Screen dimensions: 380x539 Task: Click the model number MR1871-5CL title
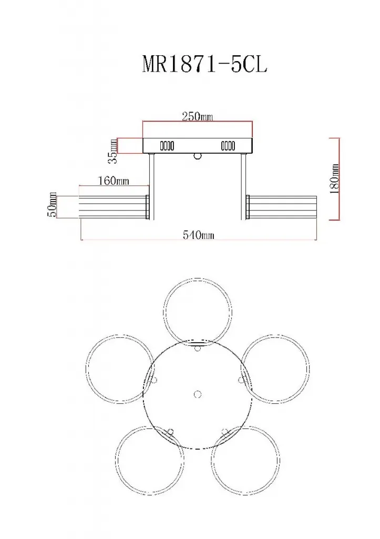(204, 64)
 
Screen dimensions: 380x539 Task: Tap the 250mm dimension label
(197, 116)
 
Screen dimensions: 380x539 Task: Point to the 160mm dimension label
(114, 181)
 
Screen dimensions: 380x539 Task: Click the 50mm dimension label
(53, 205)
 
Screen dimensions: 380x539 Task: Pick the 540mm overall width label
(198, 235)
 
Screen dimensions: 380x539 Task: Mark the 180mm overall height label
(334, 179)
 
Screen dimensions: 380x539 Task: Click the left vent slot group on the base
(167, 146)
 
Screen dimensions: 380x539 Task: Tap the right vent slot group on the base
(228, 146)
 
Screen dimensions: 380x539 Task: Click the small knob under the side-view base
(197, 156)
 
